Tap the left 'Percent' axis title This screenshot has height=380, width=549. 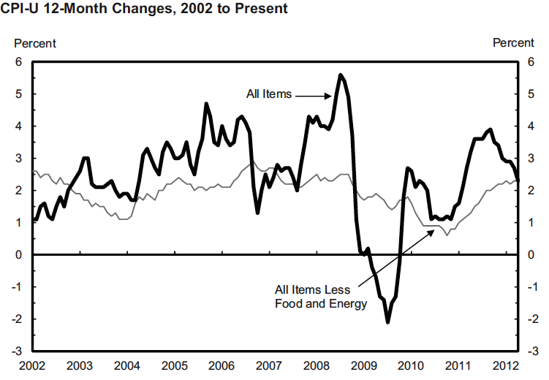pyautogui.click(x=35, y=43)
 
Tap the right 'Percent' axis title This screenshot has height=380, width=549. pyautogui.click(x=513, y=43)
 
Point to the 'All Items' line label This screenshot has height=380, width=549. pyautogui.click(x=269, y=94)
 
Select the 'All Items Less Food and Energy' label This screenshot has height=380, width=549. pyautogui.click(x=321, y=297)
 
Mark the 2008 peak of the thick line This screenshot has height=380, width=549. pyautogui.click(x=340, y=75)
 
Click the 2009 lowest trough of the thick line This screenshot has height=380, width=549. pyautogui.click(x=387, y=322)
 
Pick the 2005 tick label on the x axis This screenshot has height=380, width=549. pyautogui.click(x=174, y=365)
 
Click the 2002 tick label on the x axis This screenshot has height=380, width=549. pyautogui.click(x=32, y=365)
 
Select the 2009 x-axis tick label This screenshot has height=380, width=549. pyautogui.click(x=363, y=365)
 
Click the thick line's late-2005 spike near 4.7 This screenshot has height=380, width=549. pyautogui.click(x=206, y=104)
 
